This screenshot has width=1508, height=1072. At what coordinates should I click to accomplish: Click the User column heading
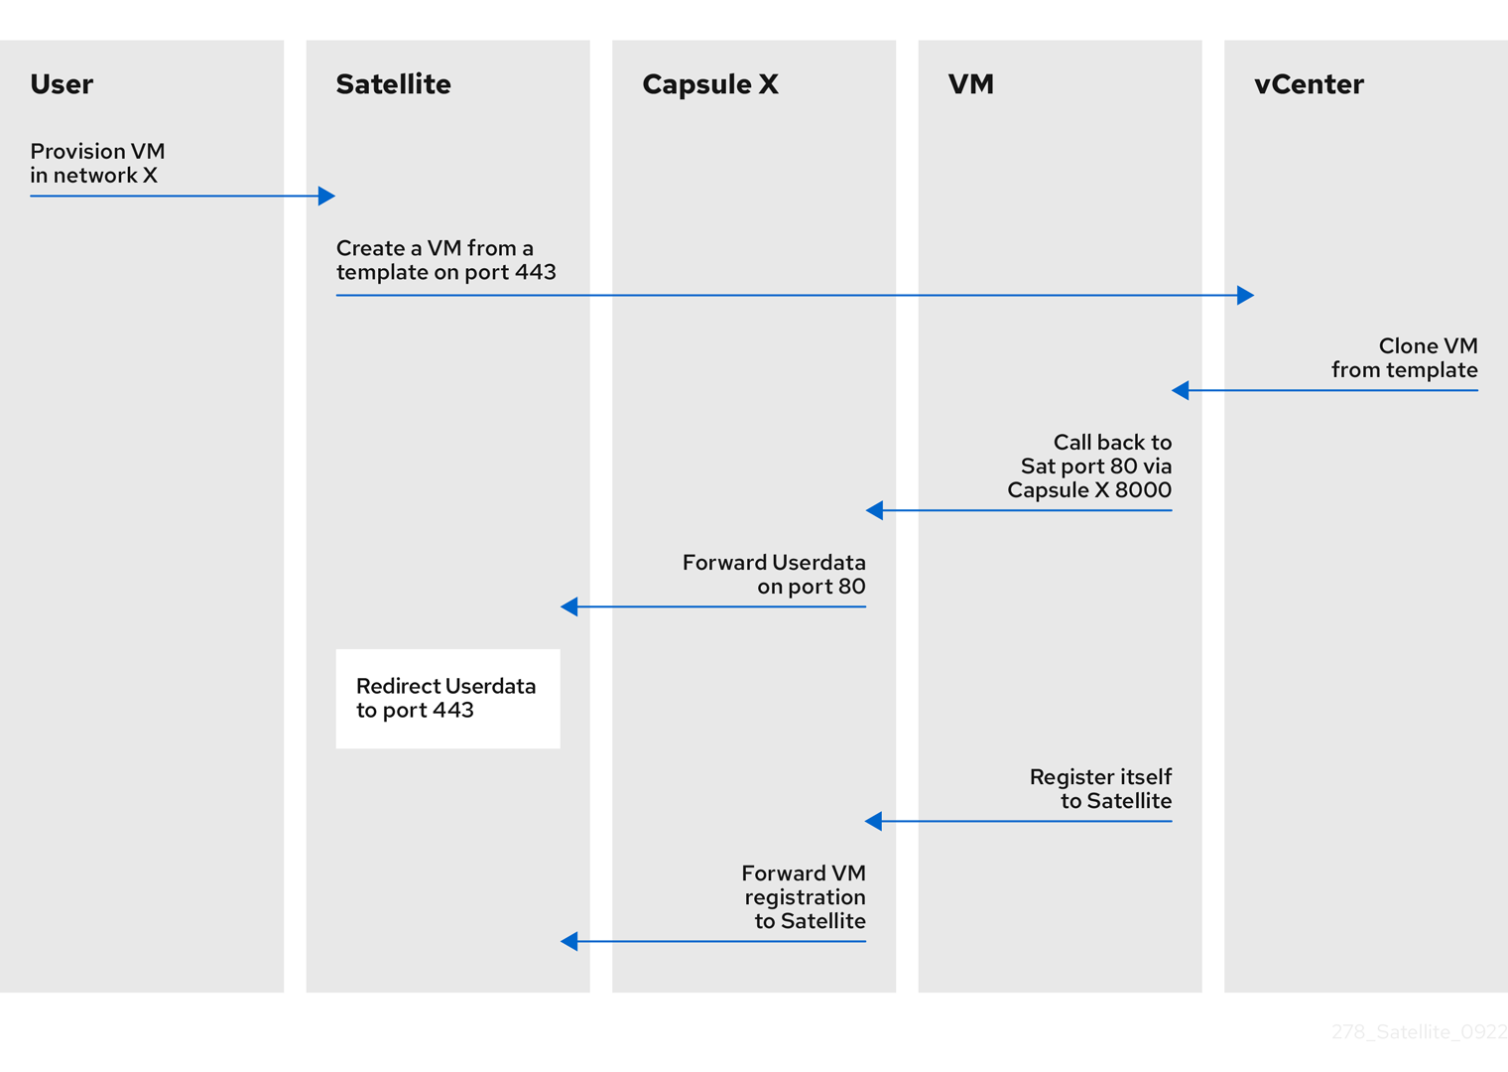click(x=62, y=84)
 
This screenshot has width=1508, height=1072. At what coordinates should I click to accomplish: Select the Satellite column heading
click(x=393, y=84)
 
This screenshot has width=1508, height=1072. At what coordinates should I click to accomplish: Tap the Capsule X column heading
click(x=709, y=84)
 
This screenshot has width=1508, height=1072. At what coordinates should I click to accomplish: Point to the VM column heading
click(x=970, y=84)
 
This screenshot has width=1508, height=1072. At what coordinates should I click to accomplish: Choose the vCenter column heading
click(x=1308, y=84)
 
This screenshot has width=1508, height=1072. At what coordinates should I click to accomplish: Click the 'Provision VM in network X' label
click(x=97, y=163)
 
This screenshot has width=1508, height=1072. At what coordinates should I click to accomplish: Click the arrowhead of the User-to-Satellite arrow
click(x=326, y=196)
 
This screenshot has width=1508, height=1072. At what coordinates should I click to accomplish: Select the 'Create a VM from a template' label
click(x=445, y=260)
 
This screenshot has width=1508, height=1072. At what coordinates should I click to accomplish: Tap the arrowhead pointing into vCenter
click(x=1245, y=295)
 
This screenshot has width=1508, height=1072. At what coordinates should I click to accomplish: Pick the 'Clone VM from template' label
click(x=1404, y=357)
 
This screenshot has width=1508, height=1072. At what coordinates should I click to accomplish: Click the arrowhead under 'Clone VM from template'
click(x=1181, y=390)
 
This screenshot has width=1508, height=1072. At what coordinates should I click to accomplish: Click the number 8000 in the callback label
click(x=1143, y=490)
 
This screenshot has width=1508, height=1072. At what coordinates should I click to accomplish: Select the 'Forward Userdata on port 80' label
click(x=774, y=574)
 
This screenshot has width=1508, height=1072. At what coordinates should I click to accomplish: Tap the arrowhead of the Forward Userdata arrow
click(x=569, y=606)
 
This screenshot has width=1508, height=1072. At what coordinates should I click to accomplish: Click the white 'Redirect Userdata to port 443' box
click(x=447, y=699)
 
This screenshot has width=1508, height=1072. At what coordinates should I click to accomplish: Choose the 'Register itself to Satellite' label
click(x=1100, y=788)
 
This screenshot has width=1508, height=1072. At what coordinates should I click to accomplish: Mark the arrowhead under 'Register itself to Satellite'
click(x=874, y=821)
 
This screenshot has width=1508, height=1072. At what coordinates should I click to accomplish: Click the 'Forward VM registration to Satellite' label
click(x=804, y=896)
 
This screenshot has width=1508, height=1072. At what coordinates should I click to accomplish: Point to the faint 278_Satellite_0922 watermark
click(x=1419, y=1032)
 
